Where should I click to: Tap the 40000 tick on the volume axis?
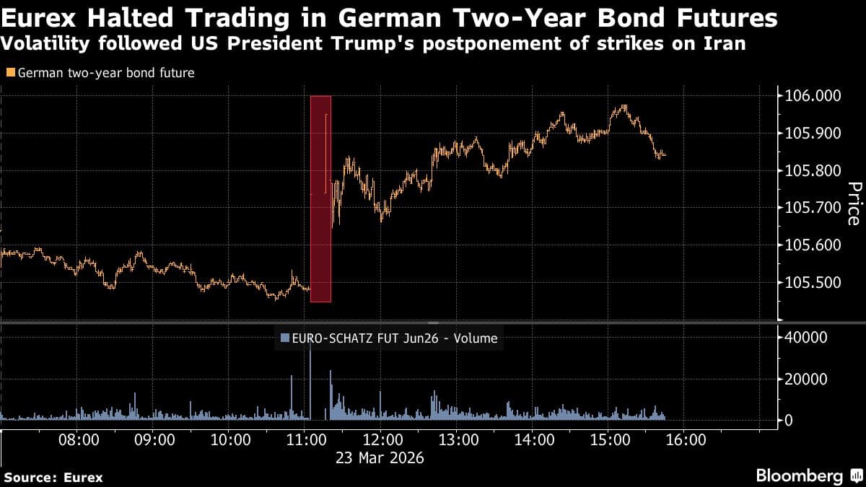coord(805,337)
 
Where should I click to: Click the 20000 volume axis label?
coord(805,379)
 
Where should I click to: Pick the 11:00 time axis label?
coord(305,439)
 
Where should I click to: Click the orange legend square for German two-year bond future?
coord(9,73)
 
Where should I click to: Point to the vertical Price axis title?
coord(853,203)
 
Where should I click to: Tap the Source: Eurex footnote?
coord(53,477)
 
